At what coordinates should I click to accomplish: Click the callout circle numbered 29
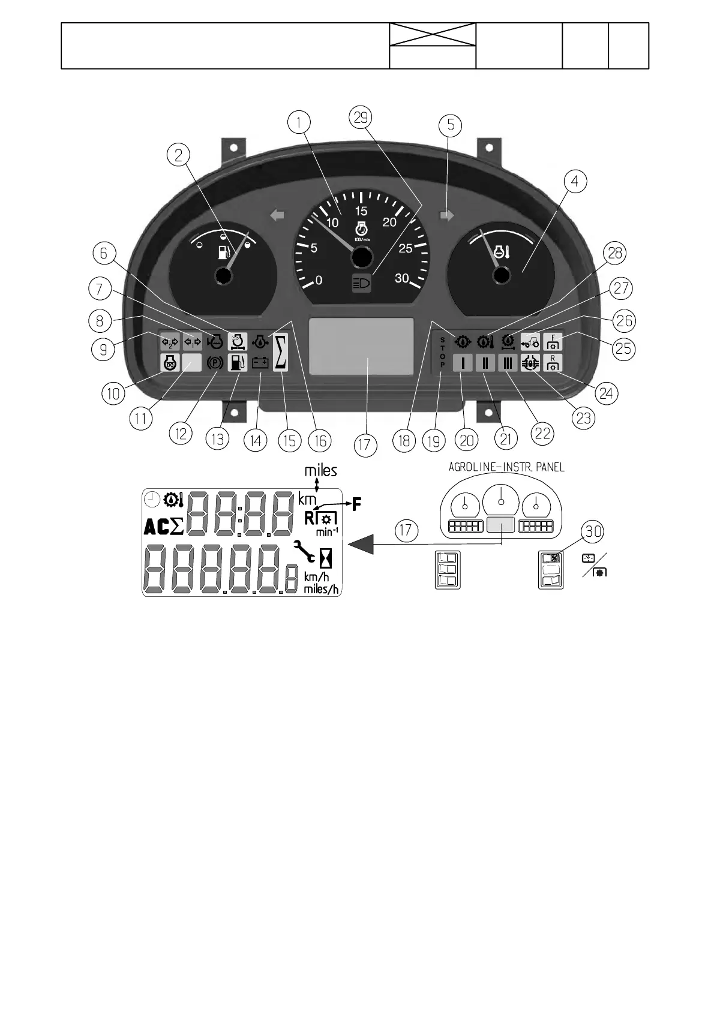pyautogui.click(x=360, y=118)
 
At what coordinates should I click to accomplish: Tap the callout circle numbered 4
pyautogui.click(x=575, y=181)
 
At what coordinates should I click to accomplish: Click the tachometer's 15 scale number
pyautogui.click(x=361, y=211)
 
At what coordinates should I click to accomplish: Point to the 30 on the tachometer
pyautogui.click(x=401, y=278)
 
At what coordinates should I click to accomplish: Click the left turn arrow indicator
pyautogui.click(x=277, y=215)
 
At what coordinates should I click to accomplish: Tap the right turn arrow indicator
pyautogui.click(x=447, y=215)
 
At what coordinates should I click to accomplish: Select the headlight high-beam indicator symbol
pyautogui.click(x=361, y=283)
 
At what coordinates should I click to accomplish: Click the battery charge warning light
pyautogui.click(x=260, y=363)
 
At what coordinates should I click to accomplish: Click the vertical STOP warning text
pyautogui.click(x=442, y=352)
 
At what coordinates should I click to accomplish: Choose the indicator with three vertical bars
pyautogui.click(x=507, y=363)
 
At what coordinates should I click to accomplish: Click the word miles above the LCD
pyautogui.click(x=320, y=471)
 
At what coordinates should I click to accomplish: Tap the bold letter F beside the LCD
pyautogui.click(x=356, y=504)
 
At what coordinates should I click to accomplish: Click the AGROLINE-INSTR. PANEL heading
pyautogui.click(x=506, y=467)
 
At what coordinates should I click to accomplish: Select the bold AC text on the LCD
pyautogui.click(x=157, y=527)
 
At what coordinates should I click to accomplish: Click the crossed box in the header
pyautogui.click(x=433, y=34)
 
